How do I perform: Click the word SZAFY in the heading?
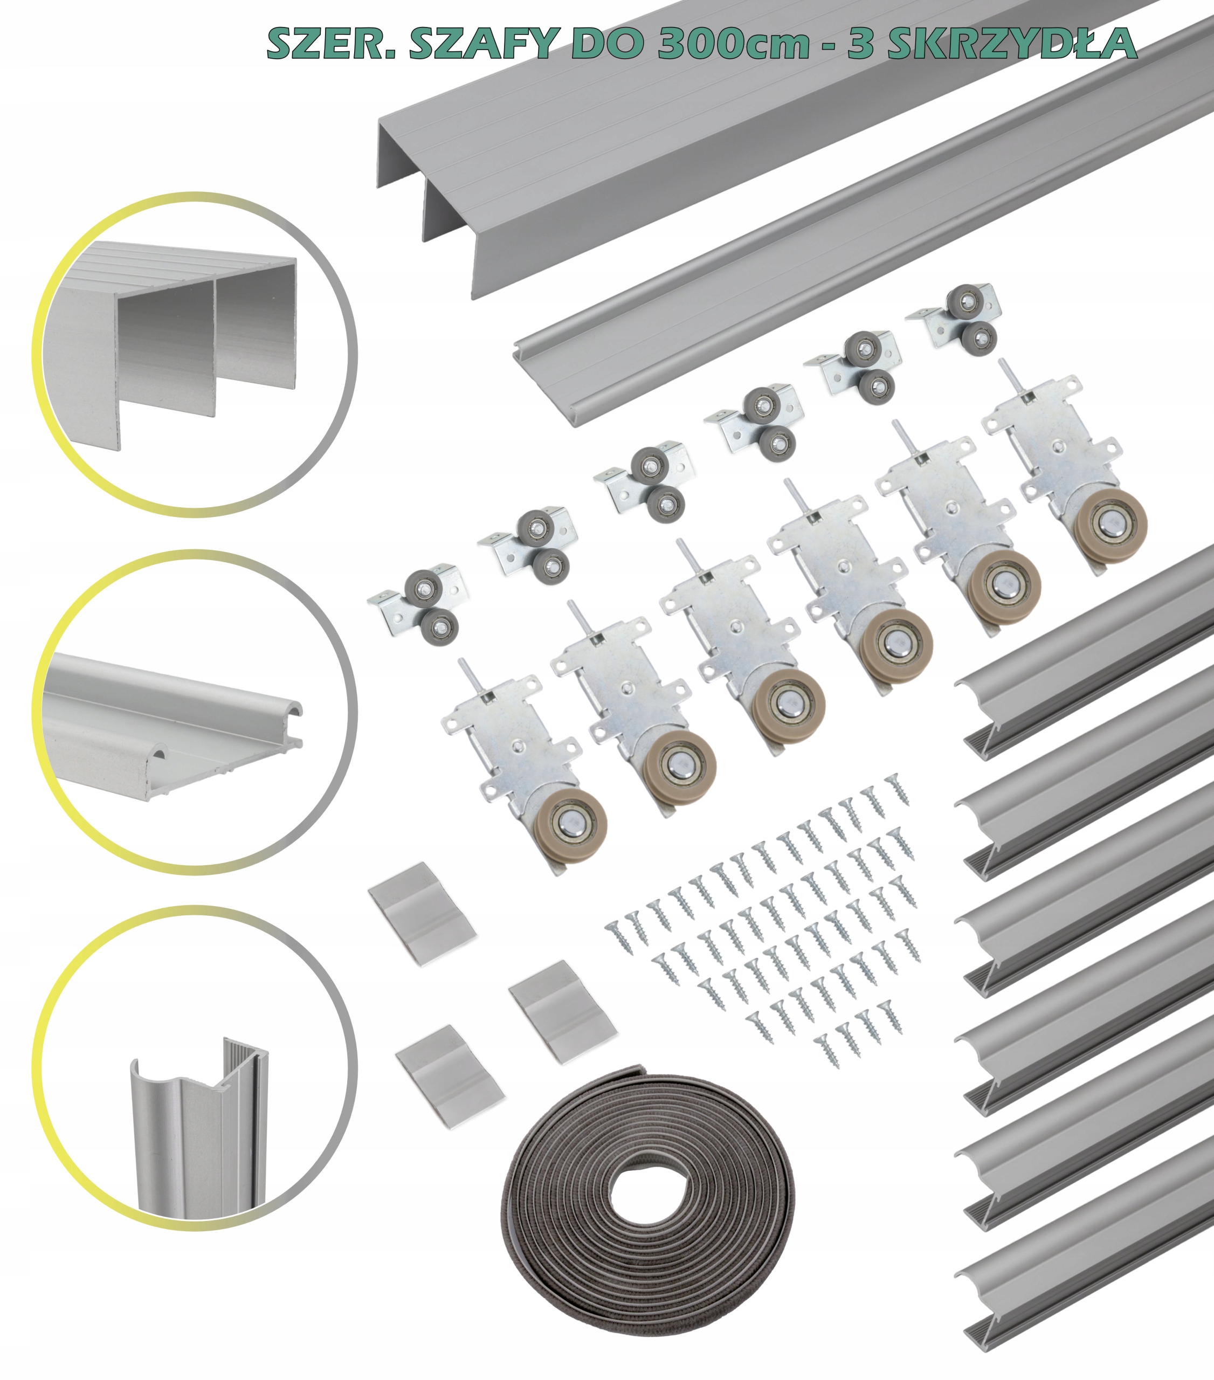[x=479, y=43]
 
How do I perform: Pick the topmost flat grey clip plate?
[x=422, y=912]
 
